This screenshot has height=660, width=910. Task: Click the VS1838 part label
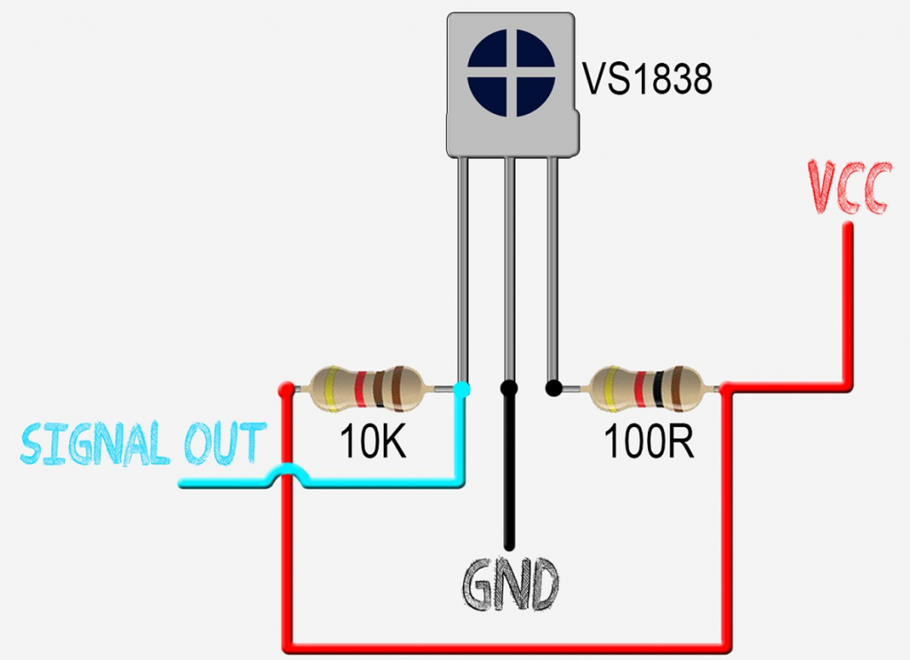(647, 79)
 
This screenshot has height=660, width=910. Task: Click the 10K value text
(372, 441)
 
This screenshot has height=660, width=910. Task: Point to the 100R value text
(649, 441)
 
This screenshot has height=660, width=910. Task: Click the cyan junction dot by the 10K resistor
(462, 388)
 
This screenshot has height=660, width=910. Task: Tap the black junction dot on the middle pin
(509, 388)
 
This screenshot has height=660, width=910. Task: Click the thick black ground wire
(509, 480)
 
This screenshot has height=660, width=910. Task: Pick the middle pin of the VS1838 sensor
(509, 266)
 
